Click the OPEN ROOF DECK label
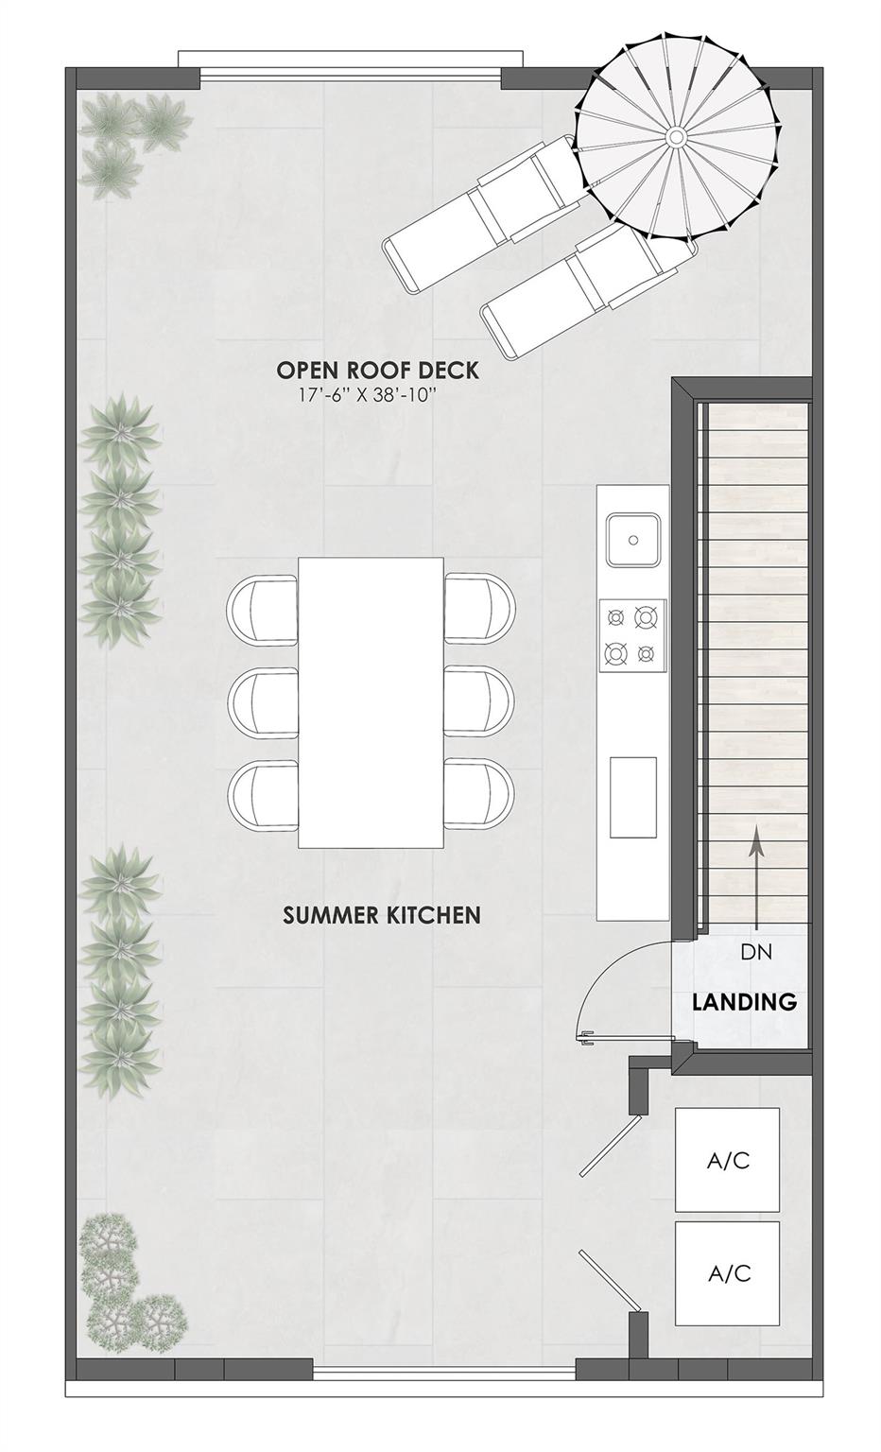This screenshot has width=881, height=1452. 377,370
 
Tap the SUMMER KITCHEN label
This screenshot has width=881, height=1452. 382,915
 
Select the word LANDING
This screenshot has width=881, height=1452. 744,1002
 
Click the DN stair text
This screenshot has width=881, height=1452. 756,952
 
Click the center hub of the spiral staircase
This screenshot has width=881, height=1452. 677,138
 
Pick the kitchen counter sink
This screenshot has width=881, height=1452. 632,540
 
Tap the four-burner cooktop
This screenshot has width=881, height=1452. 632,634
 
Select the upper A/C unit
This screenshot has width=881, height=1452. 727,1160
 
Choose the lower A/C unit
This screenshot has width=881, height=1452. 727,1273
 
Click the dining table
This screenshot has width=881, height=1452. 371,702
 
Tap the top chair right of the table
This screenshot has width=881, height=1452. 480,608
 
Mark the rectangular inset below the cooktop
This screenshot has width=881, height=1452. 632,796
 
